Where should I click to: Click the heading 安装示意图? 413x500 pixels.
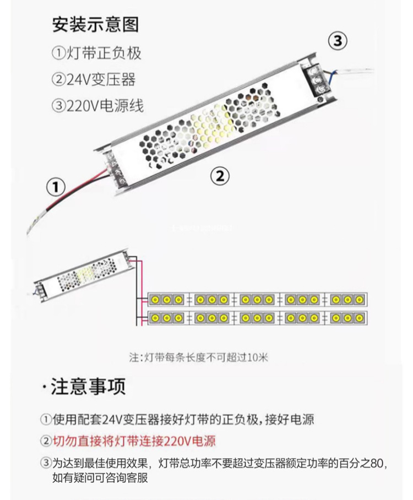point(95,25)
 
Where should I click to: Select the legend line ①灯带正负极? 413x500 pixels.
point(97,53)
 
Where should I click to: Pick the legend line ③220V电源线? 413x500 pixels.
point(97,105)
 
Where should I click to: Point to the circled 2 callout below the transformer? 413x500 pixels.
point(220,176)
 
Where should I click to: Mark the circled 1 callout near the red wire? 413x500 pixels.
point(55,186)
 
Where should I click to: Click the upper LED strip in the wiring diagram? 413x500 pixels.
point(257,300)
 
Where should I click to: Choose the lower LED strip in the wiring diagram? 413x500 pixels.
point(257,318)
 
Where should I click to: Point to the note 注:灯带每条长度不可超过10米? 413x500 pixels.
point(198,357)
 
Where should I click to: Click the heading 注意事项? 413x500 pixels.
point(88,387)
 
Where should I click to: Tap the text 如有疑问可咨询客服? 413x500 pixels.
point(100,478)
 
